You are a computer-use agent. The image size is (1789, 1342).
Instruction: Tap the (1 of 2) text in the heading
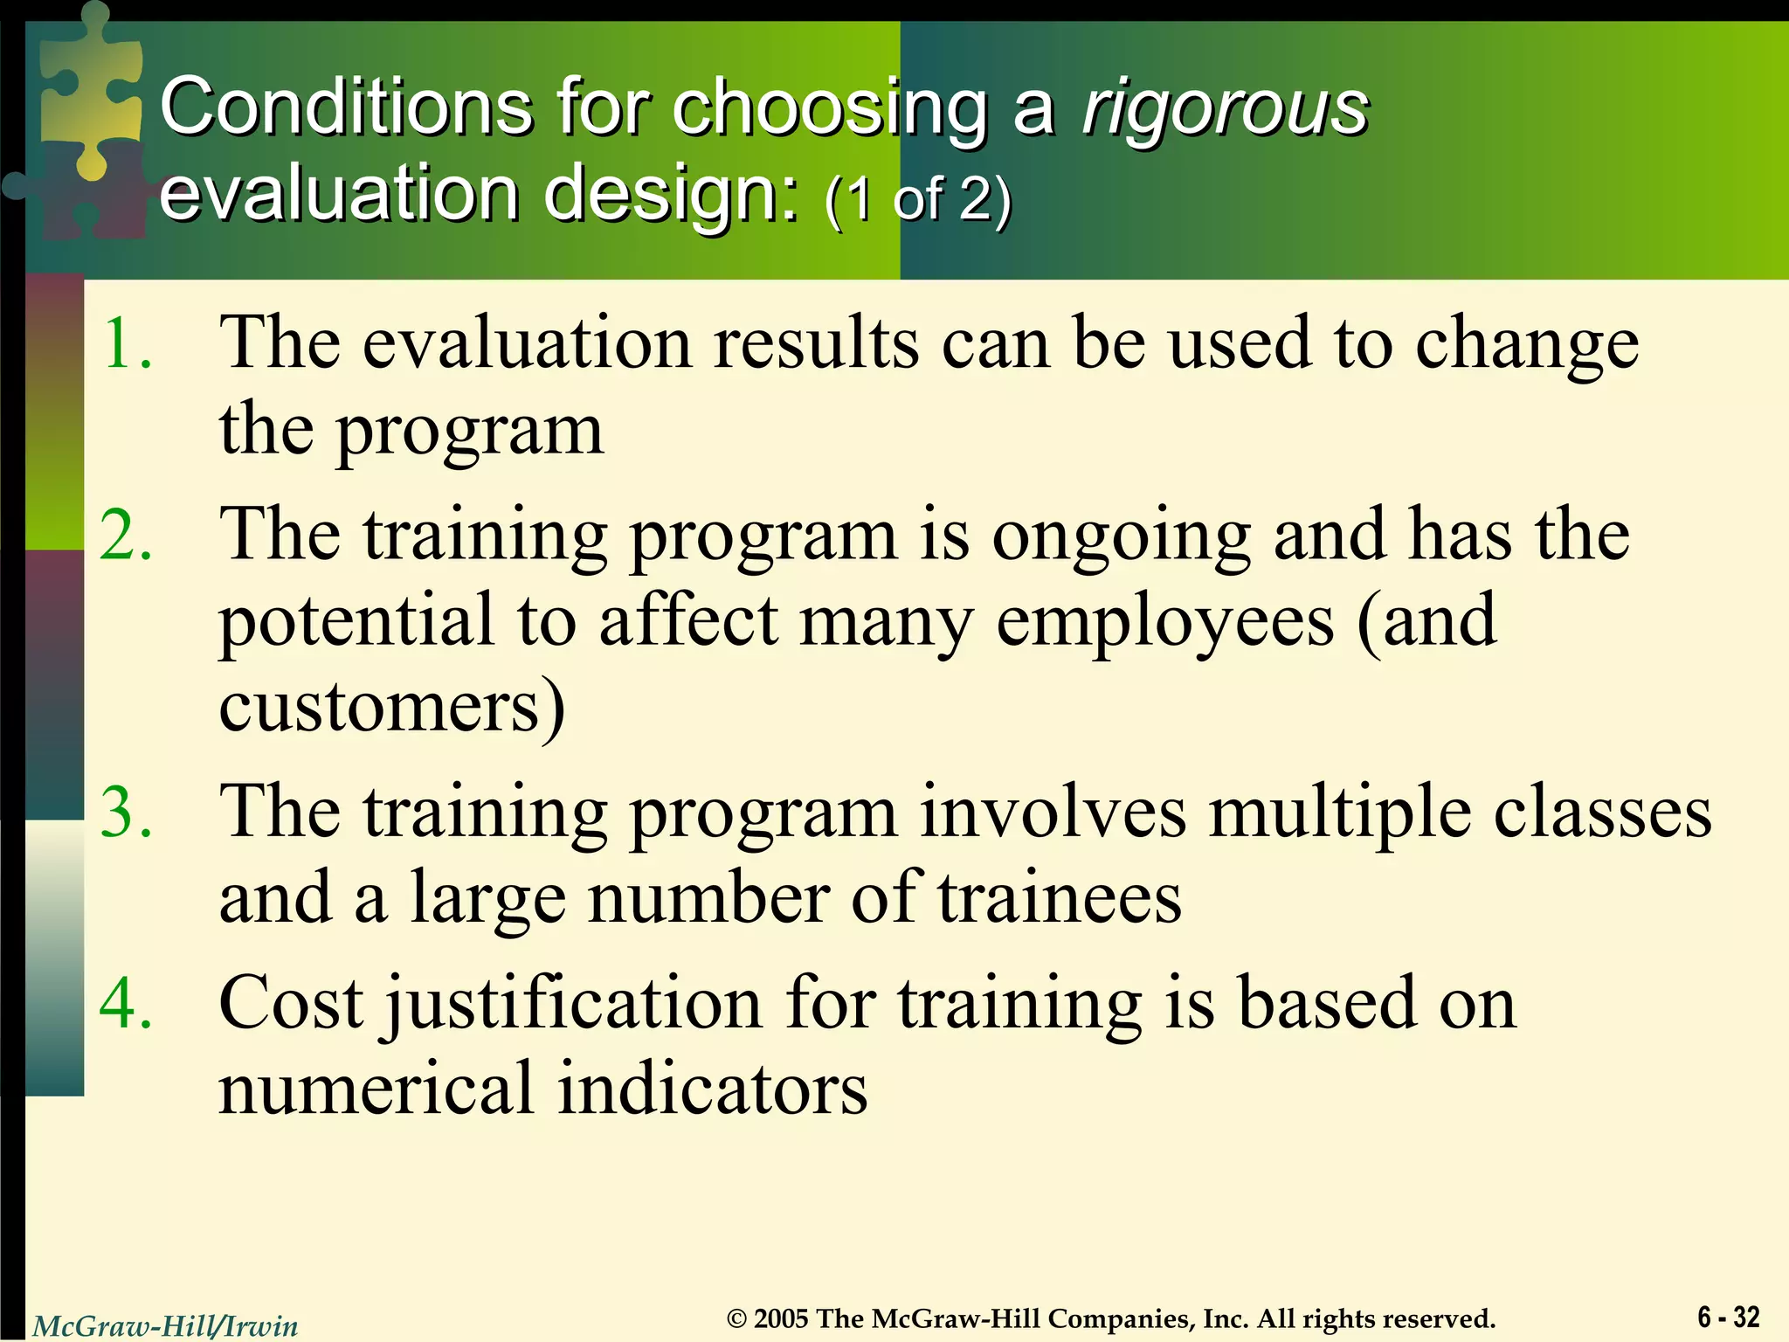(x=917, y=199)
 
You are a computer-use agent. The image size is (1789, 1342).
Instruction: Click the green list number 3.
(x=127, y=812)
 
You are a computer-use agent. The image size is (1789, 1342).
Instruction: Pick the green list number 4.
(x=127, y=1002)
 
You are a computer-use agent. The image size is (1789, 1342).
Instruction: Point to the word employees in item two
(x=1165, y=622)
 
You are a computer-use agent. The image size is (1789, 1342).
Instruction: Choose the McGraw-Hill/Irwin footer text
(x=166, y=1325)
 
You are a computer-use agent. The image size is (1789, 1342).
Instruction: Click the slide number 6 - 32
(x=1728, y=1316)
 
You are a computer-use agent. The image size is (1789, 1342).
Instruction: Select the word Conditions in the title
(x=346, y=107)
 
